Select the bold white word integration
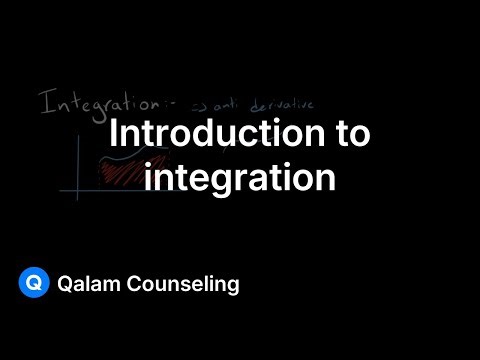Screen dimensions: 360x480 [239, 177]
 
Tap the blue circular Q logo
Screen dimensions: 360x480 [34, 284]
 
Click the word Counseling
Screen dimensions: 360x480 [186, 285]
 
